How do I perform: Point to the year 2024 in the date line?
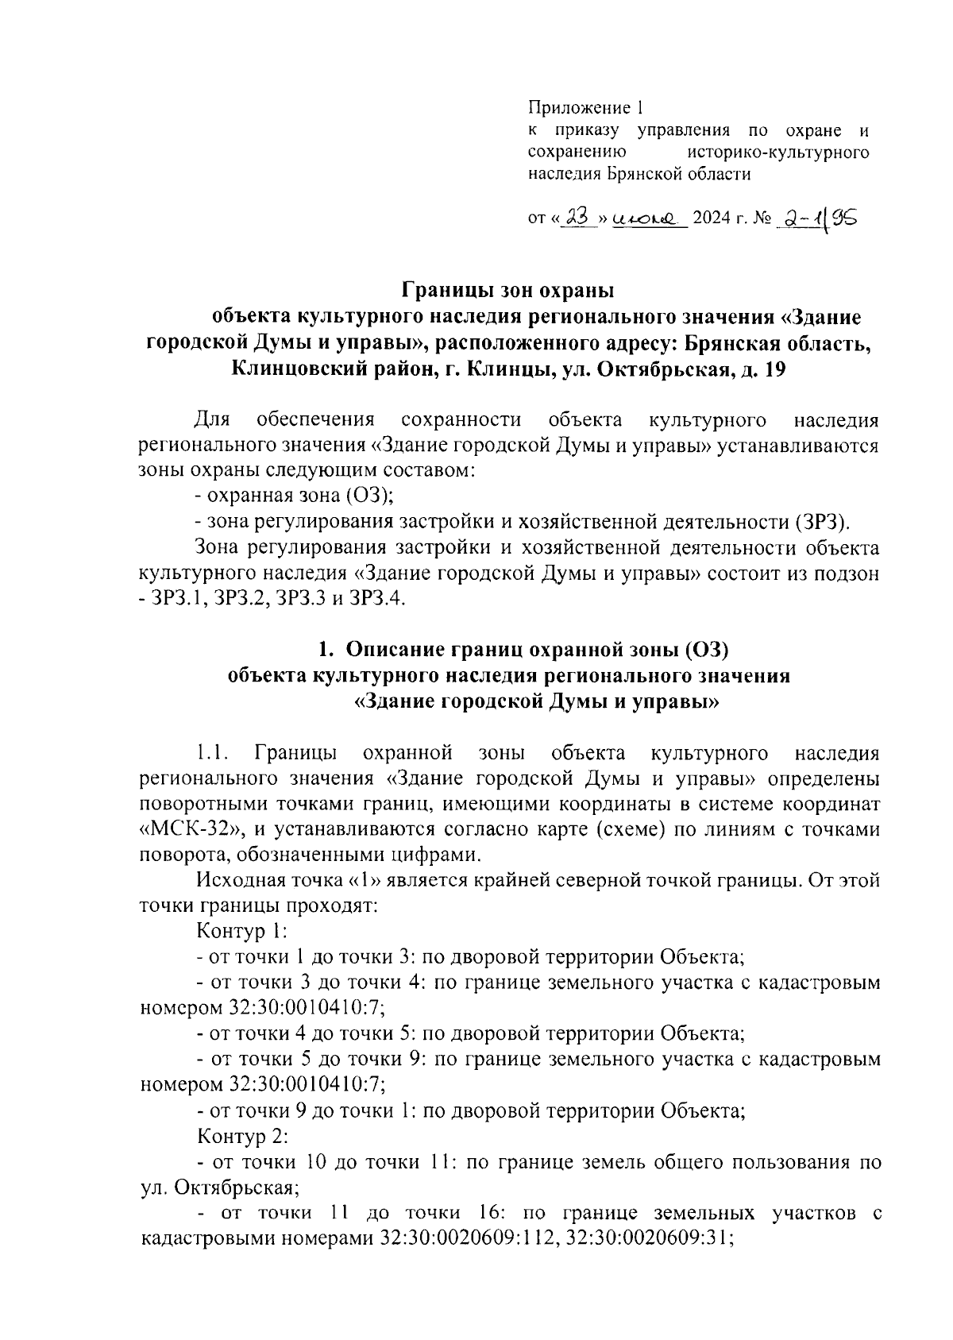click(711, 218)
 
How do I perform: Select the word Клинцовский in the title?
click(301, 369)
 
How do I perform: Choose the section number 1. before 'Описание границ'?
click(324, 650)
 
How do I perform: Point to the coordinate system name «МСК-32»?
click(189, 829)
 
